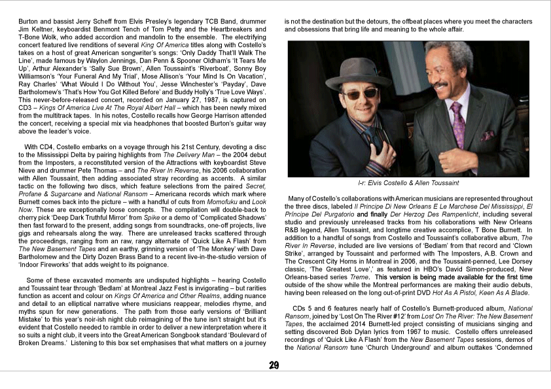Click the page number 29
pyautogui.click(x=274, y=365)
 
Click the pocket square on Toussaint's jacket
pyautogui.click(x=488, y=135)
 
